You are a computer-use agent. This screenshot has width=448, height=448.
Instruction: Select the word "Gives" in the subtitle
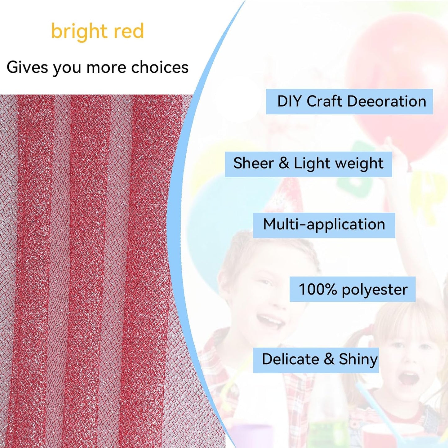click(x=27, y=67)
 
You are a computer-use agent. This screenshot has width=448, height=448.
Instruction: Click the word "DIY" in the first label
click(x=290, y=101)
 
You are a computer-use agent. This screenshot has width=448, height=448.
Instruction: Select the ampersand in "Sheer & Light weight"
click(x=284, y=163)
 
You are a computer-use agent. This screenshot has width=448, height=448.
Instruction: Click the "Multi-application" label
click(x=324, y=224)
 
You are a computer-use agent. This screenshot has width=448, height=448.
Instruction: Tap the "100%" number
click(x=317, y=289)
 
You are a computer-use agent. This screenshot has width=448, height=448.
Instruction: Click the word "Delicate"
click(x=290, y=359)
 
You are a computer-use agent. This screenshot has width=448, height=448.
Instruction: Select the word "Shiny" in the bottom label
click(x=358, y=360)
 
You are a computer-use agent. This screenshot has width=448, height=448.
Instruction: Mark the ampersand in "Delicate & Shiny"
click(x=329, y=359)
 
